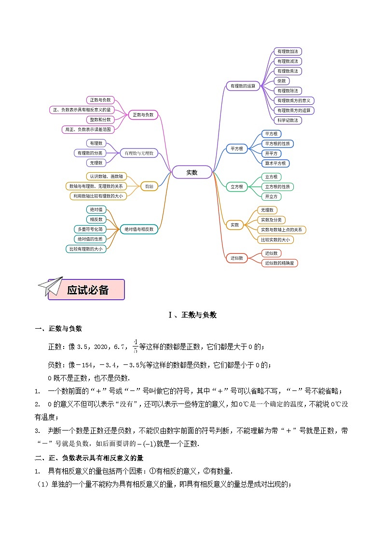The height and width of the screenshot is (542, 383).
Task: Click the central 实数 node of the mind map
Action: (x=192, y=172)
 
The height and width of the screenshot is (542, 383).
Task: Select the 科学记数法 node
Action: (x=288, y=120)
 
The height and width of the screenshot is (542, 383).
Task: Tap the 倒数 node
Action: (x=281, y=81)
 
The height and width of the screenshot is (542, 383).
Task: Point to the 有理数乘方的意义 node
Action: (x=294, y=100)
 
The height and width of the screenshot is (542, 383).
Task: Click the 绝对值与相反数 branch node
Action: (x=139, y=229)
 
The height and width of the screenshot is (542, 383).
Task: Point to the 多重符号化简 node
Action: (x=91, y=229)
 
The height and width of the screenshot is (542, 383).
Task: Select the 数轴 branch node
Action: (x=150, y=186)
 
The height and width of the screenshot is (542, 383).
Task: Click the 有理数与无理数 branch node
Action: (x=139, y=153)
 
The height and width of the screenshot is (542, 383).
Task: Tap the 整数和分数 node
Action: (x=100, y=119)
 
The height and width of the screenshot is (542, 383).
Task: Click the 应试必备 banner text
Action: (x=88, y=290)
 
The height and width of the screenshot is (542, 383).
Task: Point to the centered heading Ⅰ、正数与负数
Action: (x=192, y=315)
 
